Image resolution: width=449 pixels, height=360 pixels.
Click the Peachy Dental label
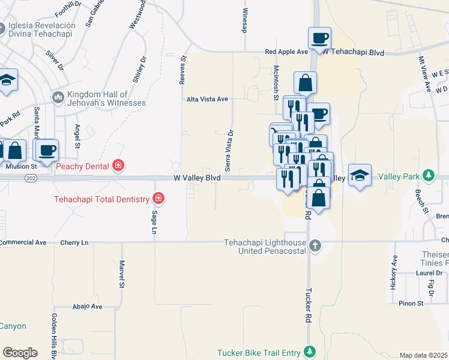83,166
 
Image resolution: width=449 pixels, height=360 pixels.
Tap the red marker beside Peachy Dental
119,166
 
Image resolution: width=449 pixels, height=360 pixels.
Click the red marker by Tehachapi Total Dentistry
158,198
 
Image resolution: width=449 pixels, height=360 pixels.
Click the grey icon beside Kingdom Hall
58,97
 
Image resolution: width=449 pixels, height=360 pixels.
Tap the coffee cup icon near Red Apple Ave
319,39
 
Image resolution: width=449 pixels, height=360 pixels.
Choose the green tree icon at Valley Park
428,176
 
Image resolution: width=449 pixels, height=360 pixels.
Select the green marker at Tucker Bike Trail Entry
310,352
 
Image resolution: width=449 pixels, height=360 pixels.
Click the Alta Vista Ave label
208,99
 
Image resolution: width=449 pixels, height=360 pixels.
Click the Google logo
20,353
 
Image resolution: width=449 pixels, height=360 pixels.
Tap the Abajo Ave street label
88,306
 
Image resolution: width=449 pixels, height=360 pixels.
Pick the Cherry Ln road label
74,242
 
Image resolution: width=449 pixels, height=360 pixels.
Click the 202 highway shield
30,178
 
